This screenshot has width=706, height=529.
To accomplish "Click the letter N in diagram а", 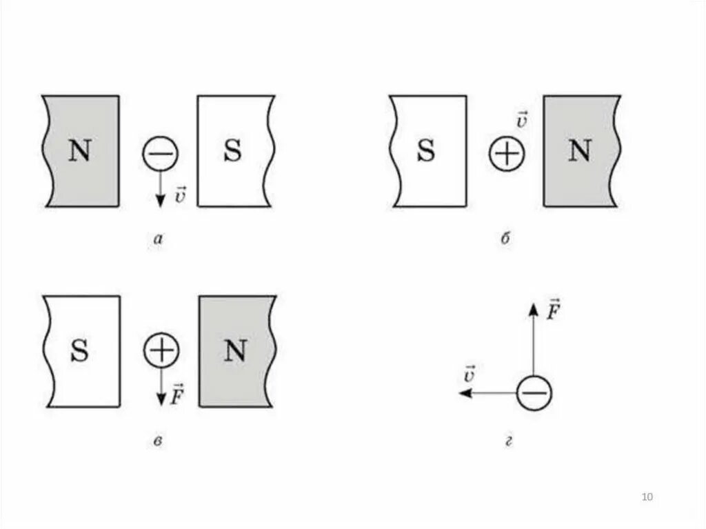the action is pos(79,152).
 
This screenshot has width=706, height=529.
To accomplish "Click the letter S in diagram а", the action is pos(233,152).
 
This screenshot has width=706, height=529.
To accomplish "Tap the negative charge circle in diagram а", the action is pos(160,153).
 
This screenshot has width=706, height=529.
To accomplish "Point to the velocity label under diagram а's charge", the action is pos(180,196).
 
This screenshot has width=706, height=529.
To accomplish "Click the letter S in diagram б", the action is pos(426,152).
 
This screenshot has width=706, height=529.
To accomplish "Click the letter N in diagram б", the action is pos(579,152).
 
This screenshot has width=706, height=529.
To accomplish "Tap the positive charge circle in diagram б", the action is pos(507,153).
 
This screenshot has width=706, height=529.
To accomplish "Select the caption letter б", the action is pos(505,239).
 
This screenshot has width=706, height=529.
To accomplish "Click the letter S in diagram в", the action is pos(80,352).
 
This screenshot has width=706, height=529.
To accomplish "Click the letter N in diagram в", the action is pos(236,352).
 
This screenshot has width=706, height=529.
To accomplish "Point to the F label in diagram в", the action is pos(177,393).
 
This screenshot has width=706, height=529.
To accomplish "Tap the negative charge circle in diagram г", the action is pos(534,393).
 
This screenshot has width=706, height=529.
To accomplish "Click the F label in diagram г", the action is pos(552,310).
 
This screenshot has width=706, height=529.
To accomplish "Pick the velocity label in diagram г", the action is pos(470,375).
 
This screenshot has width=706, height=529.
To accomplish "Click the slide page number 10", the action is pos(647,497).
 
